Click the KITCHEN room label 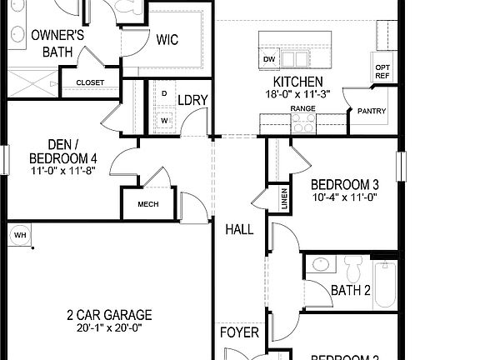pos(298,82)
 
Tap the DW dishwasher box pos(269,60)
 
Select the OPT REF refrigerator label pos(382,72)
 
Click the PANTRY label pos(371,111)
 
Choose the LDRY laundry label pos(192,100)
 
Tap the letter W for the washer pos(164,120)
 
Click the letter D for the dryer pos(164,92)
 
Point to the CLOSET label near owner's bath pos(90,82)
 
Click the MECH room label pos(147,204)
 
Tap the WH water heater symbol pos(20,235)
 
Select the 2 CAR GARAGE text pos(110,315)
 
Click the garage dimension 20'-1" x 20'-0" pos(110,327)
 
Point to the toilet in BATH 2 pos(351,268)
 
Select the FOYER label pos(239,333)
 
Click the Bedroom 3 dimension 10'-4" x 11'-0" pos(345,198)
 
